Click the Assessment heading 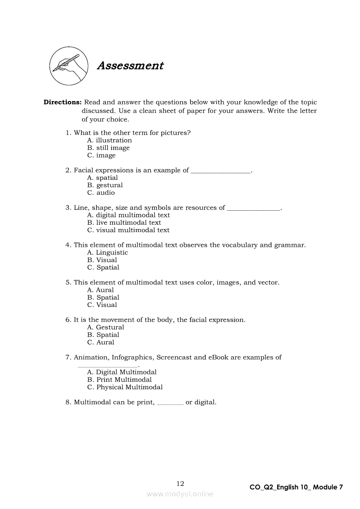coord(130,66)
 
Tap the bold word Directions coord(62,102)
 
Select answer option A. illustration coord(109,140)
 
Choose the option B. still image coord(109,148)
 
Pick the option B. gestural coord(105,185)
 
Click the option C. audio coord(101,192)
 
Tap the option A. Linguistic coord(108,253)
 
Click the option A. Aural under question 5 coord(101,290)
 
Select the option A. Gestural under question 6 coord(105,327)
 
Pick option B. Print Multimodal coord(119,380)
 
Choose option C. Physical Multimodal coord(125,387)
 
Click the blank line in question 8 coord(170,404)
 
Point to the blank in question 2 coord(221,172)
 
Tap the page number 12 coord(180,483)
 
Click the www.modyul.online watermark coord(180,494)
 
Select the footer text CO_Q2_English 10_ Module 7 coord(296,487)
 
